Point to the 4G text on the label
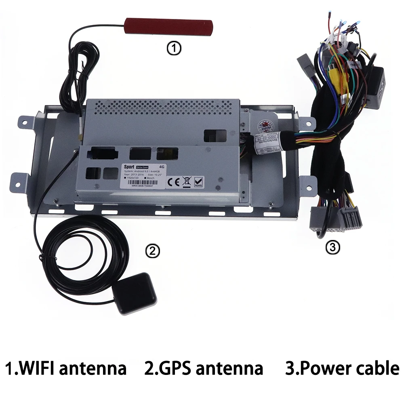tap(162, 166)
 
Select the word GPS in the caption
tap(174, 368)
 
